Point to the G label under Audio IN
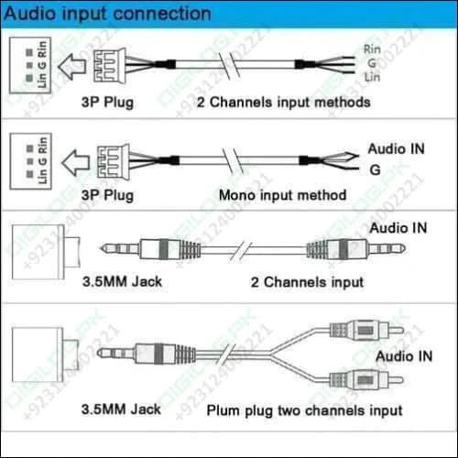(x=375, y=169)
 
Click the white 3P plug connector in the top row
(x=118, y=65)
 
